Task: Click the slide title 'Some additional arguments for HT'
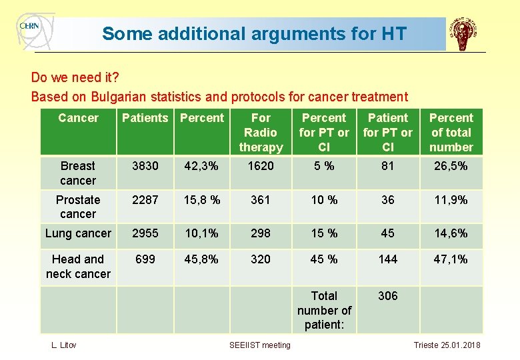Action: tap(254, 33)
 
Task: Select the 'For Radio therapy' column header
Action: tap(261, 133)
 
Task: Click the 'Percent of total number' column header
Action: tap(451, 133)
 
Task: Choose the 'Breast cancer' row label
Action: tap(78, 173)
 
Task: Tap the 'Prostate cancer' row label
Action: tap(78, 207)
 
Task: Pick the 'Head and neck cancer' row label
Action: tap(78, 266)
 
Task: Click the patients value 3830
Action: tap(145, 166)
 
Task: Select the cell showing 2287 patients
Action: tap(145, 200)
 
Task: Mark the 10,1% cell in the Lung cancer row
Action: tap(202, 233)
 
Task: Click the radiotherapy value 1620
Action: tap(261, 166)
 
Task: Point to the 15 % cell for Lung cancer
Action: tap(324, 233)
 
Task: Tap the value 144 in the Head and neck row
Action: tap(388, 259)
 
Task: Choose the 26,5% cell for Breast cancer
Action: tap(451, 166)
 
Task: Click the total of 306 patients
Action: tap(388, 296)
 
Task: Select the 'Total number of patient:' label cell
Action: tap(324, 310)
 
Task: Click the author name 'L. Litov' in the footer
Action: tap(64, 345)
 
